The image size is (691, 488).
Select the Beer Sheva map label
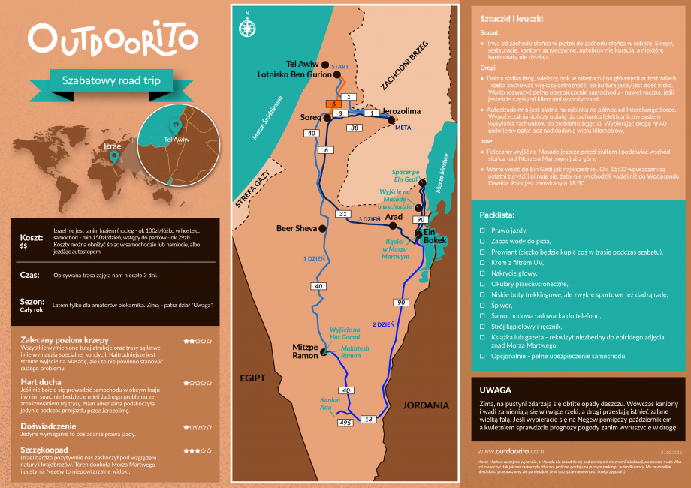297,228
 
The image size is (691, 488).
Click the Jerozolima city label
401,111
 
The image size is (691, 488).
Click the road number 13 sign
369,419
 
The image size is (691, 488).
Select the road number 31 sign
341,214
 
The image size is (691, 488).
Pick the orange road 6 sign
331,104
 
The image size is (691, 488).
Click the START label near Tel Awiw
340,67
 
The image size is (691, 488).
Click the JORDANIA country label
425,405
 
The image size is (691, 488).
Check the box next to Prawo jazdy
482,230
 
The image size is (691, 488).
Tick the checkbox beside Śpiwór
482,306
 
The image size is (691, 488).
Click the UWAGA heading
496,390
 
